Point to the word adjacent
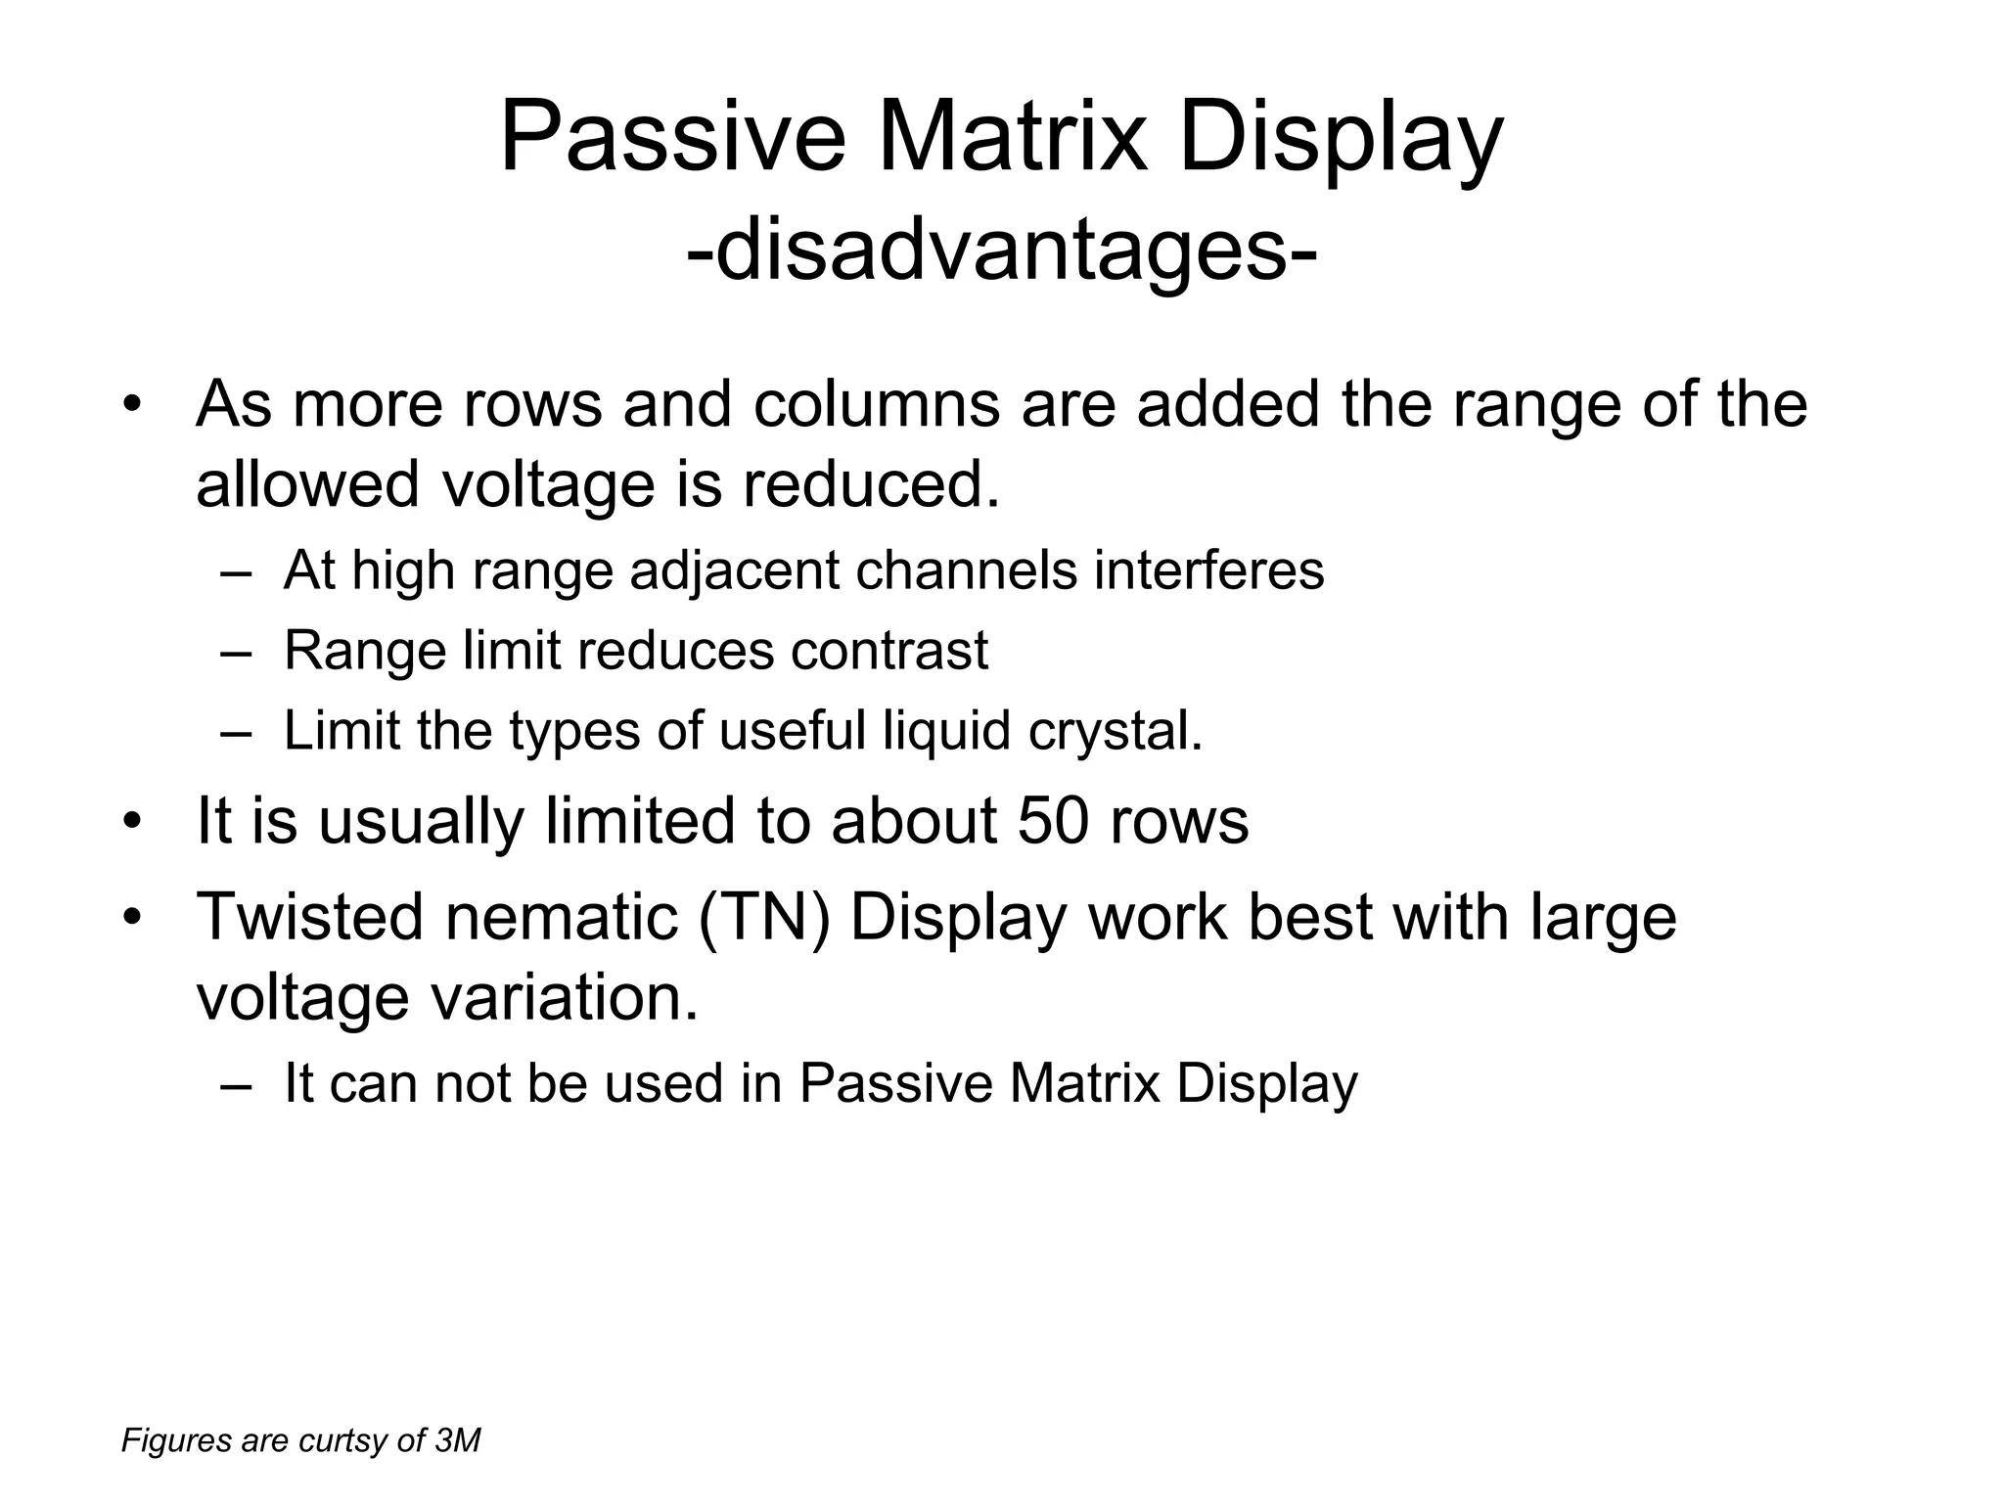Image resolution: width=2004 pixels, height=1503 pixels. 735,570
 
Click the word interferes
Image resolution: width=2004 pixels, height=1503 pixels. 1209,570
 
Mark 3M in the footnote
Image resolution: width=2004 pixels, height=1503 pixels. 457,1441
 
